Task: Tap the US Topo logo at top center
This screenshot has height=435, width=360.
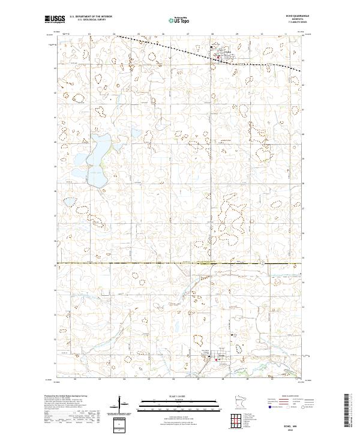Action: [180, 20]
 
